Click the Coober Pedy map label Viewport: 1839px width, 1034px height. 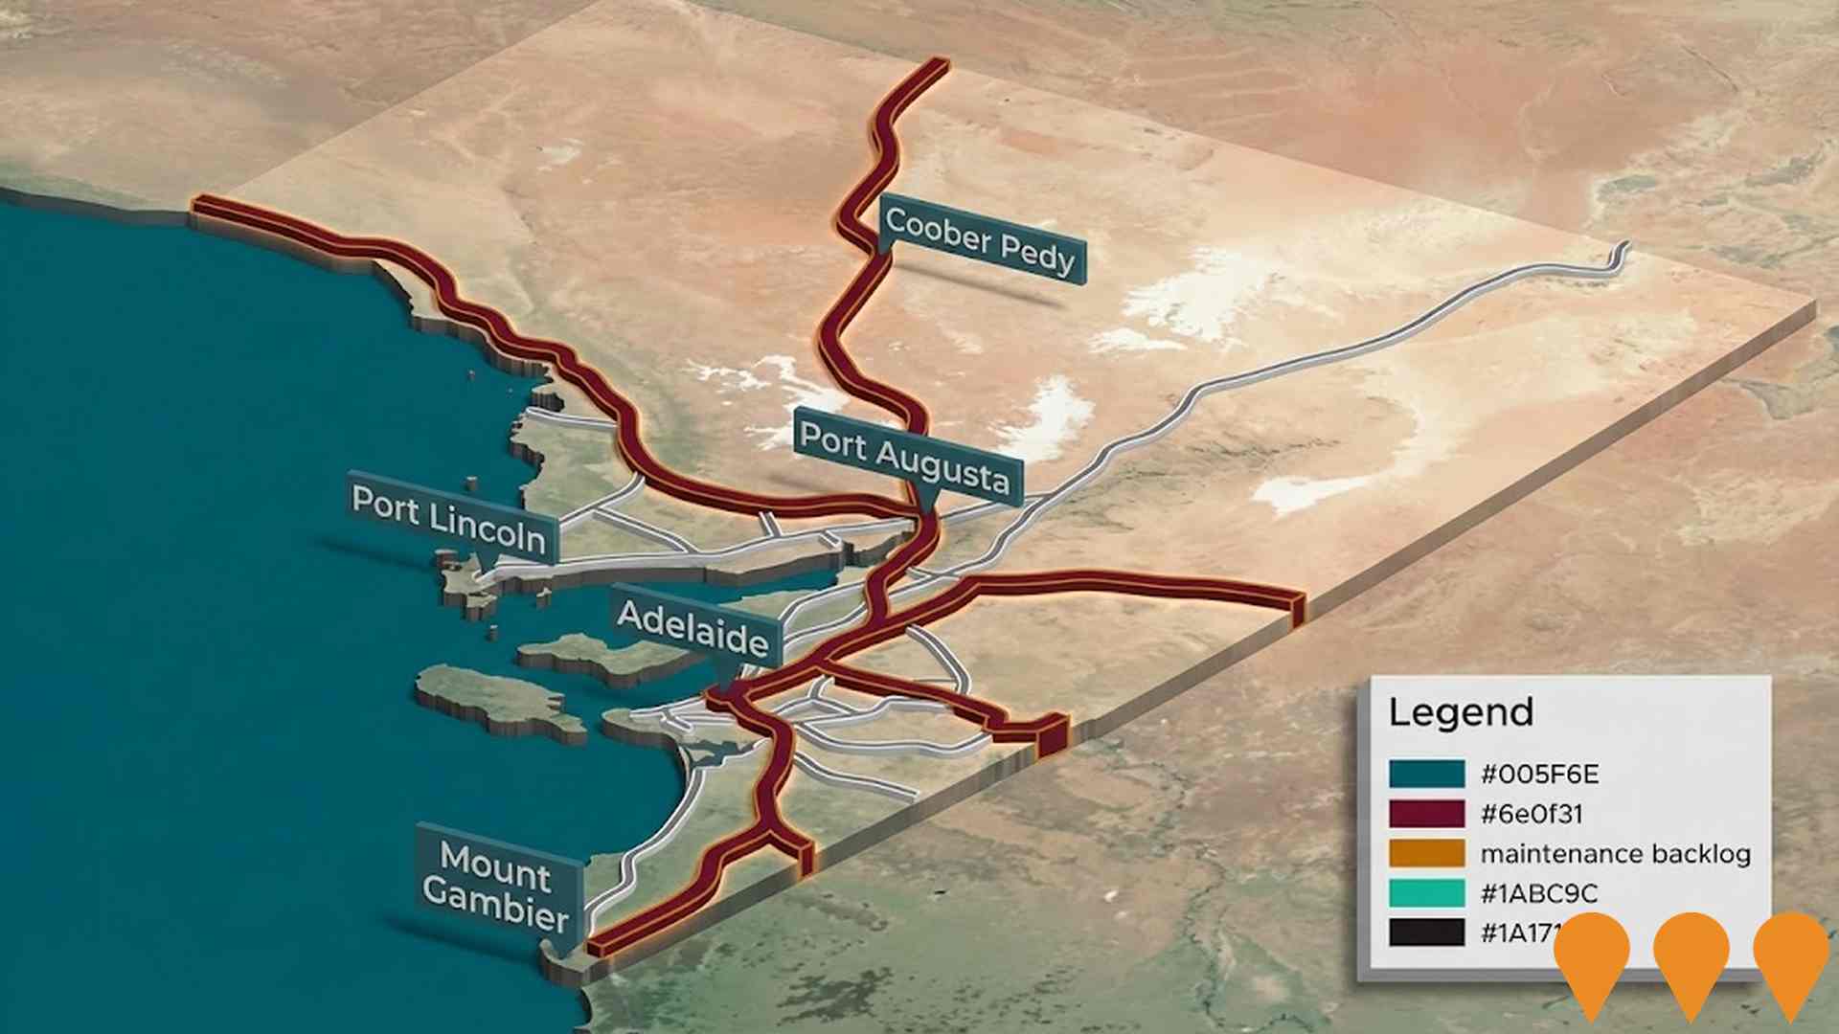point(980,239)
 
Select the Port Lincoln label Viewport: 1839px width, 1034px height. point(448,518)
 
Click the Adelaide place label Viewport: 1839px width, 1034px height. point(692,628)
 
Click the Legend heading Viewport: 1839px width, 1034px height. point(1461,712)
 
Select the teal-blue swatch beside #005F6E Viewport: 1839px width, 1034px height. point(1426,774)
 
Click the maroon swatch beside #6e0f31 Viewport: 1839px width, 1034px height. point(1426,814)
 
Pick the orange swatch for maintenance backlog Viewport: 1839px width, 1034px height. point(1426,853)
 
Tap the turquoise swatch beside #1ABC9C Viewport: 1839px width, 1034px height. point(1426,893)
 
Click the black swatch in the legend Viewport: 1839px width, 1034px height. point(1426,933)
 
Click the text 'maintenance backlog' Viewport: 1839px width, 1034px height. point(1615,853)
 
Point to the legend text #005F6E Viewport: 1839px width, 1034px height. point(1539,774)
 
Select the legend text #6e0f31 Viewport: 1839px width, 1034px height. point(1532,814)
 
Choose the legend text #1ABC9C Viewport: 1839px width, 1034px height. point(1539,893)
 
